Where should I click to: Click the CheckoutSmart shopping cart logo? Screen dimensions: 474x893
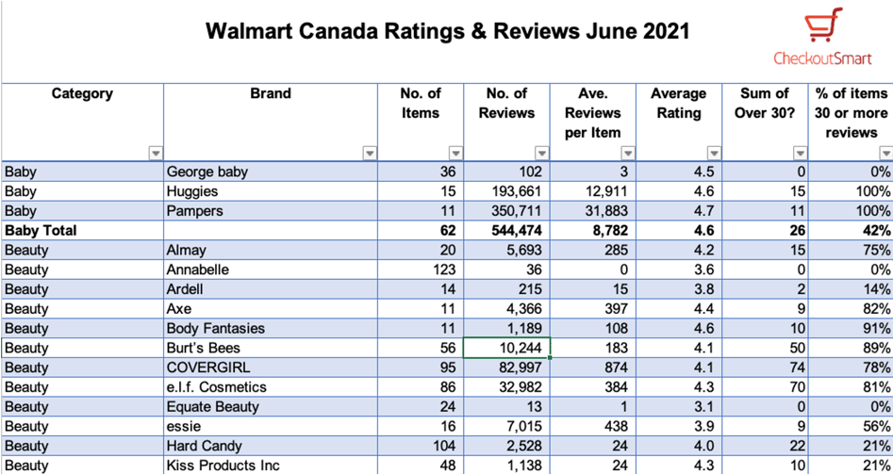(x=822, y=26)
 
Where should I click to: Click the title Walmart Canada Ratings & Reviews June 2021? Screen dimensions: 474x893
(x=447, y=31)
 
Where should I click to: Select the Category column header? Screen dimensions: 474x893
(x=82, y=94)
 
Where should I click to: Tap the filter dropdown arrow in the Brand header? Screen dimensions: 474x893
(x=370, y=154)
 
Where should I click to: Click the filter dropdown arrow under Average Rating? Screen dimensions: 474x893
(x=714, y=154)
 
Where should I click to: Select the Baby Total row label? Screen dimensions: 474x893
(x=41, y=231)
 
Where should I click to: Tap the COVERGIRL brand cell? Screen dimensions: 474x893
(x=208, y=368)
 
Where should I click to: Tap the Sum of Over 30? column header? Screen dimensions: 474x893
(x=765, y=104)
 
